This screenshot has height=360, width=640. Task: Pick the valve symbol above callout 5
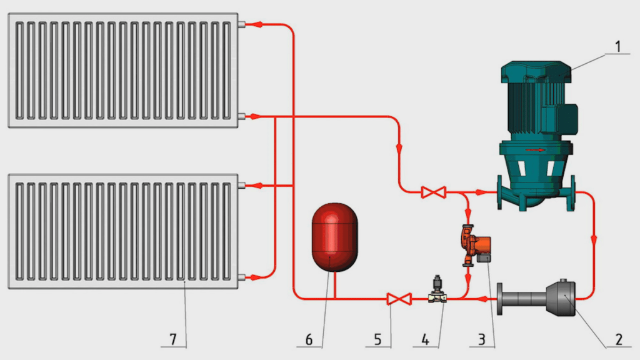point(397,299)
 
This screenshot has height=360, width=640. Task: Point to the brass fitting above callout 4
point(436,293)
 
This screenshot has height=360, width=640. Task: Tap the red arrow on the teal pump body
point(535,150)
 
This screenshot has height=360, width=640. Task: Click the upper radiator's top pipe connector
point(242,24)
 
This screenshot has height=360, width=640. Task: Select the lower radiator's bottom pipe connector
point(242,277)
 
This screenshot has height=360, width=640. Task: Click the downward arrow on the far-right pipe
point(594,240)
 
